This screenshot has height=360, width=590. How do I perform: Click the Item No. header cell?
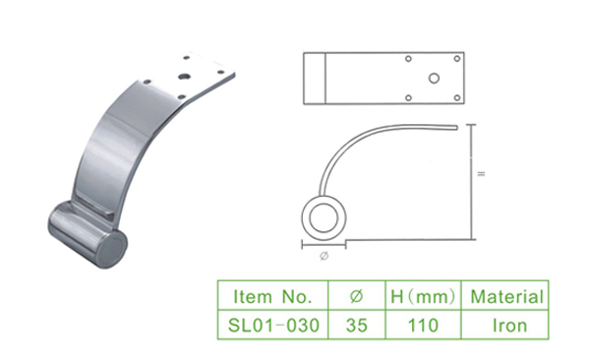click(x=272, y=296)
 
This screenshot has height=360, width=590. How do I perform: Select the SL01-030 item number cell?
click(x=273, y=325)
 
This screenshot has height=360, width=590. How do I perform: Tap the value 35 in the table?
click(x=357, y=325)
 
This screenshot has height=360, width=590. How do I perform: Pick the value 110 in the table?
click(x=423, y=325)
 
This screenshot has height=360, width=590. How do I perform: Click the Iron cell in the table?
click(x=509, y=325)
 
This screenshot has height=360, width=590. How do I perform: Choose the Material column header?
click(x=506, y=296)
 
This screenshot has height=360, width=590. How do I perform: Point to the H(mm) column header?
click(x=423, y=296)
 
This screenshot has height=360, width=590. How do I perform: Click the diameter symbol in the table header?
click(x=356, y=296)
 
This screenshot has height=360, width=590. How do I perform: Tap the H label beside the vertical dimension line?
click(x=481, y=173)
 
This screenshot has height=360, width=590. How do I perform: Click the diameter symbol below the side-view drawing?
click(x=324, y=256)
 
